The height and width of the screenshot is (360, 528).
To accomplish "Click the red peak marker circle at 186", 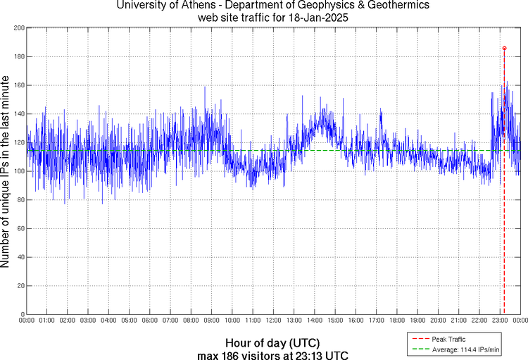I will (504, 48).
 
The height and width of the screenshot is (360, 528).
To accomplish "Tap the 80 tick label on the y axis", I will (19, 199).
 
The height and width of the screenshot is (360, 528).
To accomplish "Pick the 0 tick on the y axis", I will (21, 314).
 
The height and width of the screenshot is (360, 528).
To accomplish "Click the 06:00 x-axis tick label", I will (149, 321).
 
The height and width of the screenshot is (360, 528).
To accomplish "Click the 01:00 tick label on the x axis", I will (46, 321).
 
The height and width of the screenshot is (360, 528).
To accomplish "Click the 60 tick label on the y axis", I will (19, 228).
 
